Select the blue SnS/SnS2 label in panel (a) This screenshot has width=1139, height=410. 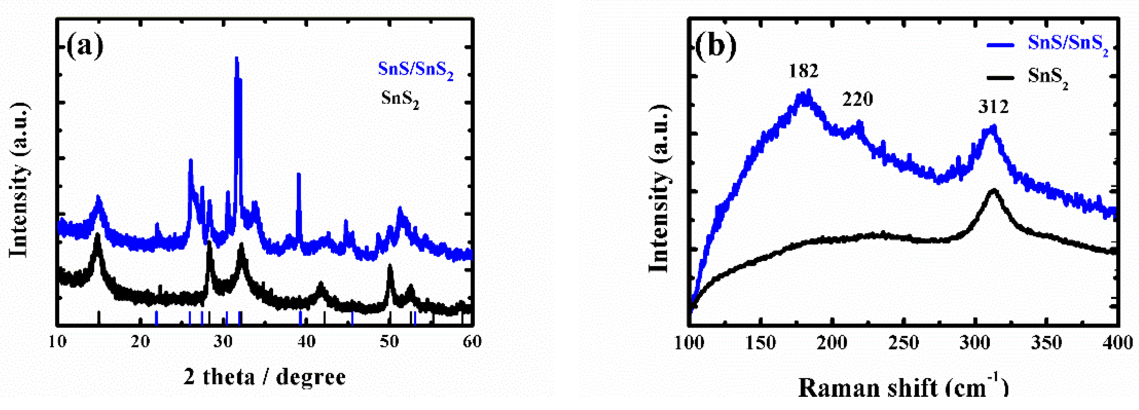pos(416,70)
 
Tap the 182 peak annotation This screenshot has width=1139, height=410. pos(803,71)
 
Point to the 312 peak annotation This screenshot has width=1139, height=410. pos(993,107)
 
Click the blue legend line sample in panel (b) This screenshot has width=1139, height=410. pos(1001,45)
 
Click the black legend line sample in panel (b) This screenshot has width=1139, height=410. pos(1001,78)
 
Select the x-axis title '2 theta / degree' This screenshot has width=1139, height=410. pos(264,377)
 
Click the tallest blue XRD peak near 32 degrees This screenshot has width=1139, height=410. pos(237,59)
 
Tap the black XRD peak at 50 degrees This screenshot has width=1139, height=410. pos(390,267)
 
